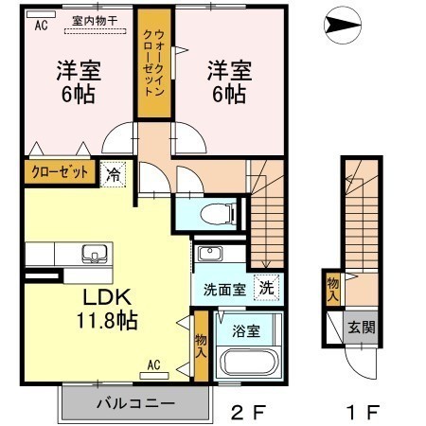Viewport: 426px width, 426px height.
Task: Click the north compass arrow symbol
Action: (x=343, y=25)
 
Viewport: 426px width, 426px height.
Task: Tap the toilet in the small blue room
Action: (x=219, y=213)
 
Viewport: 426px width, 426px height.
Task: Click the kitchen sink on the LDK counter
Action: (x=95, y=254)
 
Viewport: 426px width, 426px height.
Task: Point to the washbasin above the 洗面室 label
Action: (x=210, y=254)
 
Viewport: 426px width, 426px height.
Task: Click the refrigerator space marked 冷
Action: (x=114, y=174)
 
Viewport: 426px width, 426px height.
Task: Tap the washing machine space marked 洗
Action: (x=267, y=288)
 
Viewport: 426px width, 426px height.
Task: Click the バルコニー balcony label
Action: (x=135, y=403)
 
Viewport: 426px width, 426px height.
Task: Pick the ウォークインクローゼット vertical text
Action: (x=154, y=62)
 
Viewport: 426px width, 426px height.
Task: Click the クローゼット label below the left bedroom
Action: (x=60, y=172)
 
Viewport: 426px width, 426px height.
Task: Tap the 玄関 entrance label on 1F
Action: (x=362, y=327)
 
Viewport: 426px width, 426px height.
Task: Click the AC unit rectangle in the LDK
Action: (x=154, y=376)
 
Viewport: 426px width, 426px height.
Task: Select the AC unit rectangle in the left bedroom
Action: (x=41, y=14)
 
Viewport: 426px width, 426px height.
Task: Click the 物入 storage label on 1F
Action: (x=333, y=289)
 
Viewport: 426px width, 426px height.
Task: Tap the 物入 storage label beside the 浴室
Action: (x=201, y=346)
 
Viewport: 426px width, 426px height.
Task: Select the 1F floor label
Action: (x=363, y=412)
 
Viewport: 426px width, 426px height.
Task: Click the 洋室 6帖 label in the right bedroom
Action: (x=229, y=82)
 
